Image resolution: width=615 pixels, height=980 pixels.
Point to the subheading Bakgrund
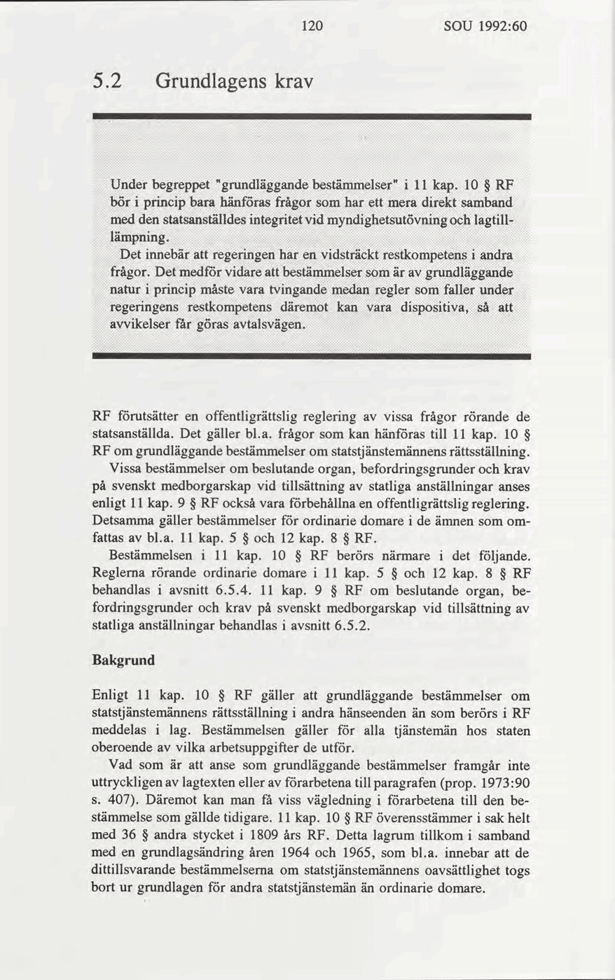tap(123, 660)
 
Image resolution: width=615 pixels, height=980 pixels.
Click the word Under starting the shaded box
tap(128, 185)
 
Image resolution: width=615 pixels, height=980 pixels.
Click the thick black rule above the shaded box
tap(312, 115)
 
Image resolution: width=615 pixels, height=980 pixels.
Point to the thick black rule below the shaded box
tap(312, 357)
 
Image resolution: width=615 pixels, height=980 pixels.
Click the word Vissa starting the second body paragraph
tap(125, 468)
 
